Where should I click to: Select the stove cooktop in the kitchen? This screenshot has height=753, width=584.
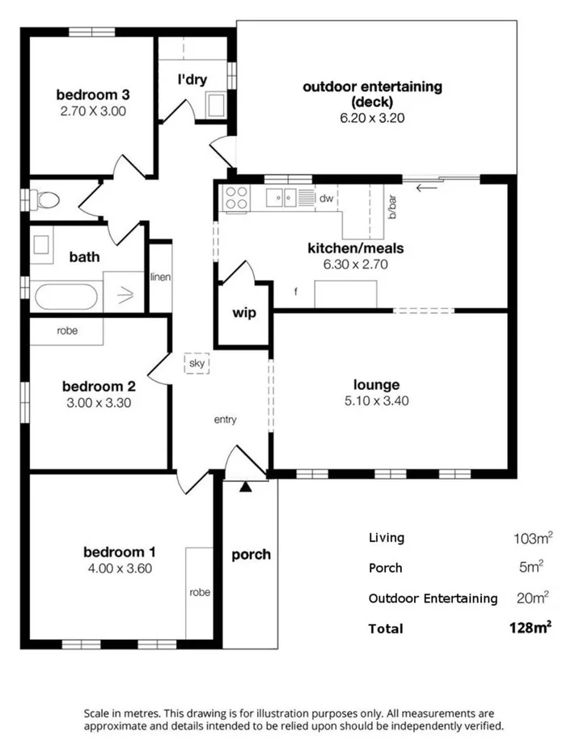pyautogui.click(x=236, y=199)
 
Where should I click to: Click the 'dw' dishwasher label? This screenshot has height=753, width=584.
pyautogui.click(x=326, y=197)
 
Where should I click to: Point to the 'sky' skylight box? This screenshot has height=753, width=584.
pyautogui.click(x=197, y=364)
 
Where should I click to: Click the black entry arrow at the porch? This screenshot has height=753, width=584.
pyautogui.click(x=245, y=486)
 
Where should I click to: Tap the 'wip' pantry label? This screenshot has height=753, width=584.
pyautogui.click(x=244, y=312)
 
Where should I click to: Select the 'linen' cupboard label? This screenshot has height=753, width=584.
pyautogui.click(x=160, y=277)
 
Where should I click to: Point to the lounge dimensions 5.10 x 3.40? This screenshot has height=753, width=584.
pyautogui.click(x=376, y=401)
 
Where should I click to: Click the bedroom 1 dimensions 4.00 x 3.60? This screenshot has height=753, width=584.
pyautogui.click(x=120, y=568)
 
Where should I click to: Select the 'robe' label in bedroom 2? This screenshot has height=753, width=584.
pyautogui.click(x=67, y=331)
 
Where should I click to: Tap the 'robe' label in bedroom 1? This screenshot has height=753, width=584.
pyautogui.click(x=200, y=592)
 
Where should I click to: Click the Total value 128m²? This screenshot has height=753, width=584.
pyautogui.click(x=531, y=628)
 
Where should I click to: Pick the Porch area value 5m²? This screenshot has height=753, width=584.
pyautogui.click(x=531, y=567)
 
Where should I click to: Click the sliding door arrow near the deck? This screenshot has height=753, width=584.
pyautogui.click(x=426, y=189)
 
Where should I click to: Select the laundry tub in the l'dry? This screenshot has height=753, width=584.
pyautogui.click(x=216, y=105)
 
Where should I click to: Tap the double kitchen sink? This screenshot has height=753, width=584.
pyautogui.click(x=282, y=196)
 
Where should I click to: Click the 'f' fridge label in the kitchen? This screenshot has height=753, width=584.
pyautogui.click(x=296, y=292)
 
